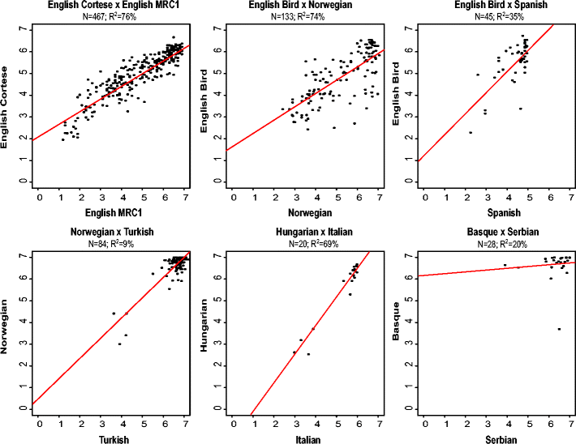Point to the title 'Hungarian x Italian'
click(x=303, y=234)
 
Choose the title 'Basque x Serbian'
click(x=496, y=234)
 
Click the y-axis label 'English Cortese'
click(x=6, y=105)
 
